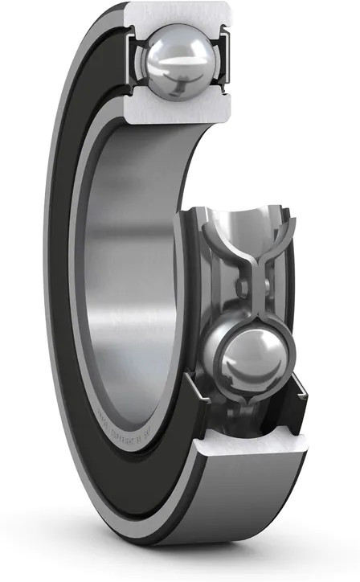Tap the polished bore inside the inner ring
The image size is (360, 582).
pyautogui.click(x=129, y=265)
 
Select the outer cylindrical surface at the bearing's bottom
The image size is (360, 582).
pyautogui.click(x=241, y=514)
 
